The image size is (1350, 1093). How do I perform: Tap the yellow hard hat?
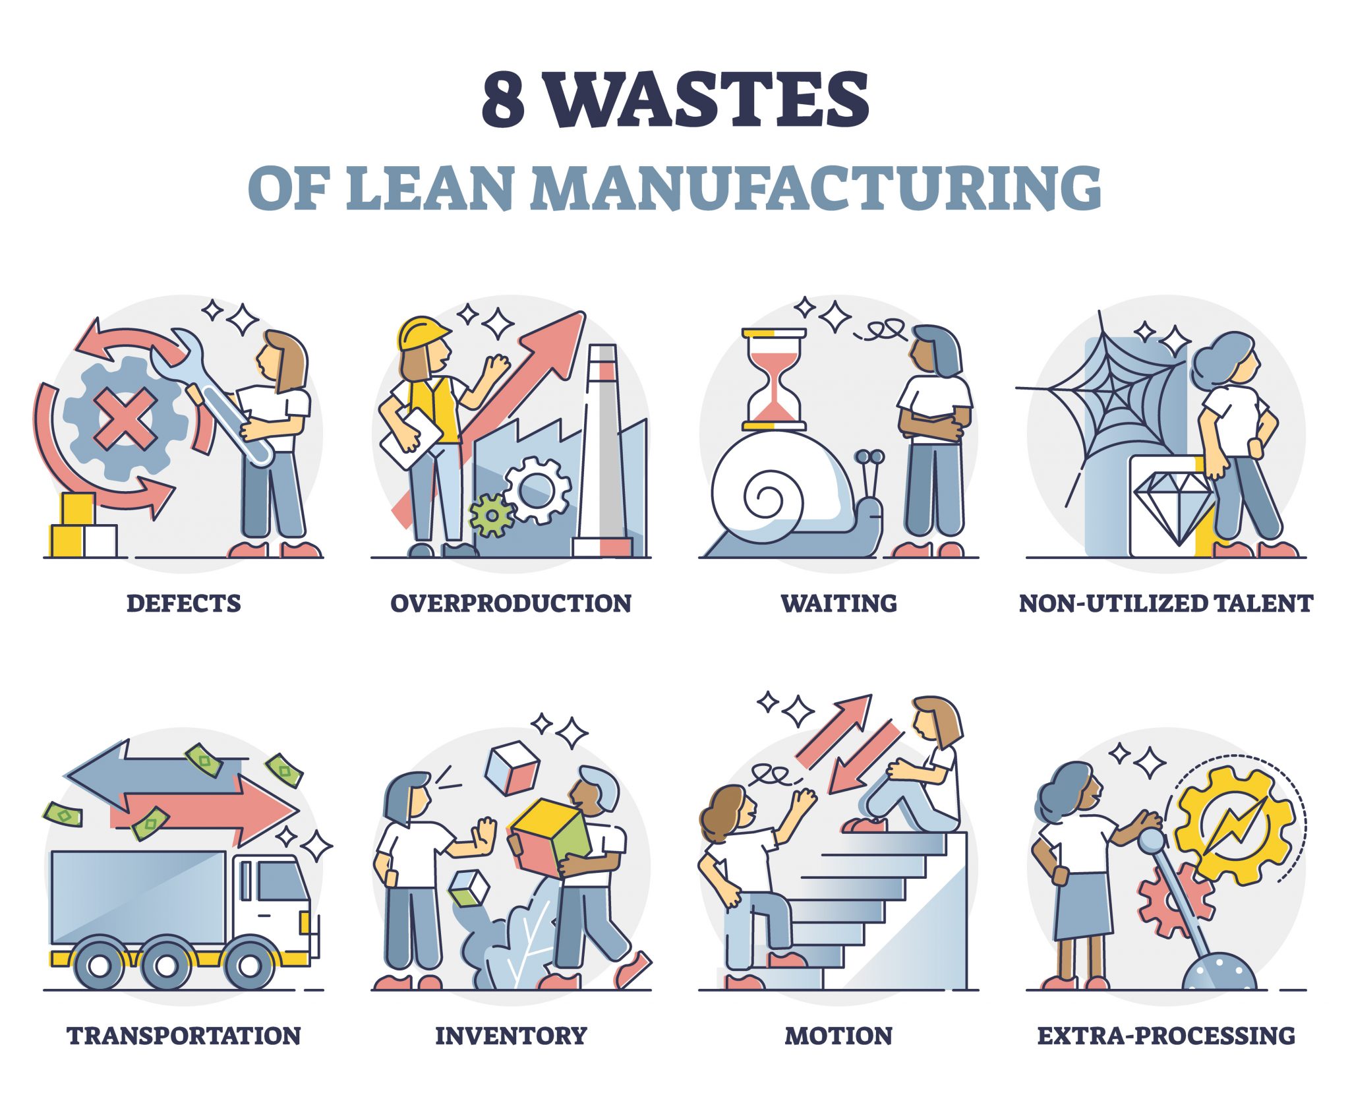(422, 334)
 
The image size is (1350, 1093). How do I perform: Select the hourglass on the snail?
(774, 378)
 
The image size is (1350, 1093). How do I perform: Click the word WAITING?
(838, 603)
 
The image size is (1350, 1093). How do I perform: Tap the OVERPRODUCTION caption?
(511, 603)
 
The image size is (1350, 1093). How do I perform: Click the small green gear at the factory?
(490, 514)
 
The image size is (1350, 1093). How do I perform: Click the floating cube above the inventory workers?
(512, 768)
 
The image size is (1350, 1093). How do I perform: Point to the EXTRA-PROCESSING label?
(1166, 1035)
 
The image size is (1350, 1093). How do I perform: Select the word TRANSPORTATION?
(184, 1035)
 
